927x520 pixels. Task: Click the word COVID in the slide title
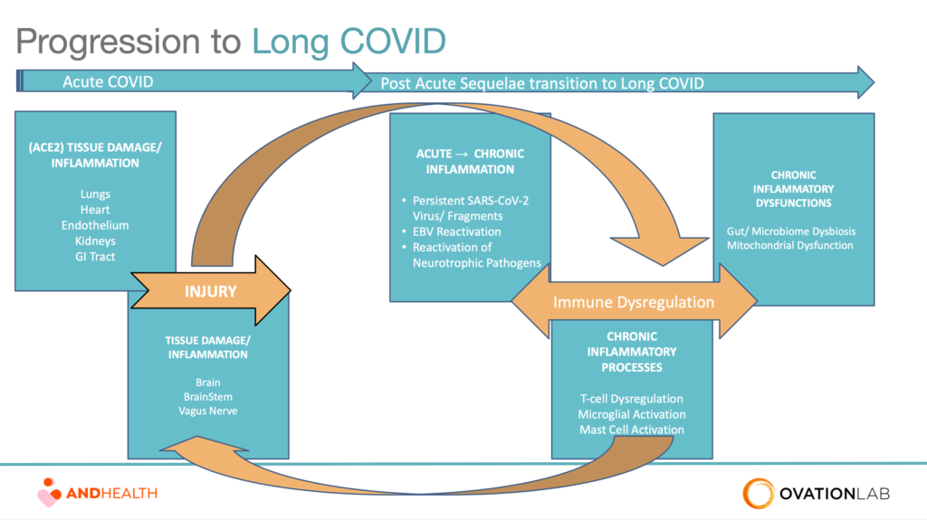tap(393, 41)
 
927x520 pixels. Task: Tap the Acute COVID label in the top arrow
tap(108, 81)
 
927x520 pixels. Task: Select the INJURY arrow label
tap(210, 291)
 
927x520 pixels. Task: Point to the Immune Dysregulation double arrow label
tap(634, 302)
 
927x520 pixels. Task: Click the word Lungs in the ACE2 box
tap(95, 194)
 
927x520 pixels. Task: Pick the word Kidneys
tap(95, 241)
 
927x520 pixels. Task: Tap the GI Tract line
tap(95, 257)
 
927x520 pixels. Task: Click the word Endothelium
tap(95, 225)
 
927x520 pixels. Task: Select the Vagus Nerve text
tap(208, 411)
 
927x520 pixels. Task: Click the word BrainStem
tap(208, 396)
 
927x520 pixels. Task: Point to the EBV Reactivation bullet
tap(456, 232)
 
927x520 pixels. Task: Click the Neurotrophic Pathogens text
tap(476, 263)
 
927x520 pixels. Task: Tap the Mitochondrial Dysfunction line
tap(789, 245)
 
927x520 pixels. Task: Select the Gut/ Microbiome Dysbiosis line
tap(791, 231)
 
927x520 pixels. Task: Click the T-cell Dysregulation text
tap(631, 399)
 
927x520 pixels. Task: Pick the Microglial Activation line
tap(631, 414)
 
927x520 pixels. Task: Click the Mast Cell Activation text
tap(631, 430)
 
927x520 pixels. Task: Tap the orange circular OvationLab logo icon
tap(759, 494)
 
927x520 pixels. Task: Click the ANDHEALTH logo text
tap(111, 494)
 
